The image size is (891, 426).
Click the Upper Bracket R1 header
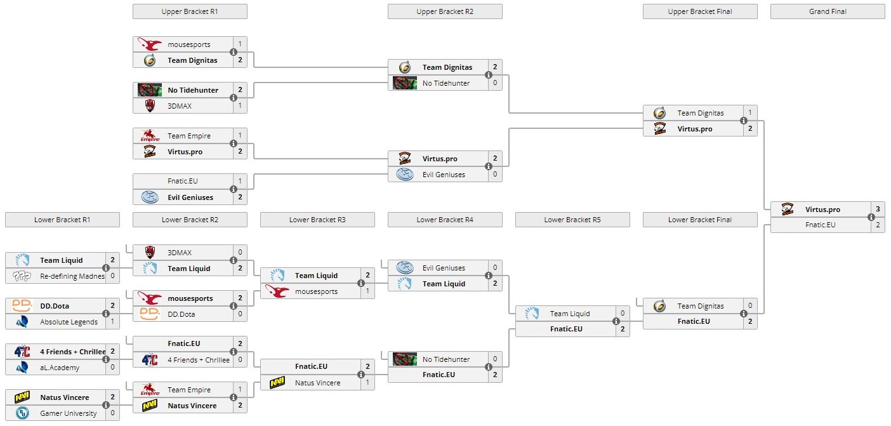tap(190, 11)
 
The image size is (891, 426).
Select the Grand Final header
tap(827, 11)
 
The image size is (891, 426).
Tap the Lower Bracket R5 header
tap(572, 220)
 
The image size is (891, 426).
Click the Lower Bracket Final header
tap(700, 220)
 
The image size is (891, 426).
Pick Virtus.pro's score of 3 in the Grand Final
tap(878, 210)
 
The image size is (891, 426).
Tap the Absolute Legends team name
tap(69, 322)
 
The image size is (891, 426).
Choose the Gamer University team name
tap(69, 413)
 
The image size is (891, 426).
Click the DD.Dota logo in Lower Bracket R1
tap(22, 306)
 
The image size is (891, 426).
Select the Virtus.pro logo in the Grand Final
tap(788, 210)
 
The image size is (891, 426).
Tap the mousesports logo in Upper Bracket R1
tap(150, 44)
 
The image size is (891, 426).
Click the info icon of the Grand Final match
tap(871, 217)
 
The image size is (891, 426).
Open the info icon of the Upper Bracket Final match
tap(744, 121)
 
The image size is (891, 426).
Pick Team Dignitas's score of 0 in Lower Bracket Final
tap(750, 306)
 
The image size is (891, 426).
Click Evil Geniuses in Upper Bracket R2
tap(444, 175)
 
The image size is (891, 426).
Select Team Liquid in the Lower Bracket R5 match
tap(569, 314)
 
